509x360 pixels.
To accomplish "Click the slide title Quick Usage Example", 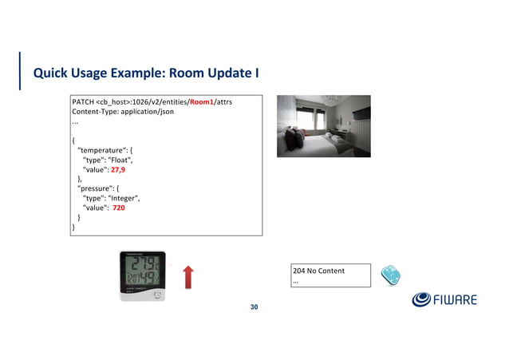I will pyautogui.click(x=145, y=73).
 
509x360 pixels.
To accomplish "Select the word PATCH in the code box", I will pyautogui.click(x=83, y=102).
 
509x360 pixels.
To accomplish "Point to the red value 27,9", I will pyautogui.click(x=117, y=170).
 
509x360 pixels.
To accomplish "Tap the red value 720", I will pyautogui.click(x=119, y=208).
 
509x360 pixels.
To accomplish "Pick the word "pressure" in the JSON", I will pyautogui.click(x=97, y=188).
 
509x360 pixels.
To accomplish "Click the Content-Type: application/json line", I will pyautogui.click(x=123, y=112).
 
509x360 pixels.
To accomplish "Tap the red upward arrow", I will pyautogui.click(x=189, y=278).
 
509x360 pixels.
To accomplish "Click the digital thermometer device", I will pyautogui.click(x=142, y=276).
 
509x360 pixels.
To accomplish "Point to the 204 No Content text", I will pyautogui.click(x=319, y=271).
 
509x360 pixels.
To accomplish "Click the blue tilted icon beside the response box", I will pyautogui.click(x=389, y=275).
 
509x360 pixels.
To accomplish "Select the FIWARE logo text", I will pyautogui.click(x=455, y=300).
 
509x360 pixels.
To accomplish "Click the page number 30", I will pyautogui.click(x=254, y=307).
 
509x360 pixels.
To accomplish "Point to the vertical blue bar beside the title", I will pyautogui.click(x=21, y=70).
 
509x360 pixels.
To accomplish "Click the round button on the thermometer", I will pyautogui.click(x=157, y=295).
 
